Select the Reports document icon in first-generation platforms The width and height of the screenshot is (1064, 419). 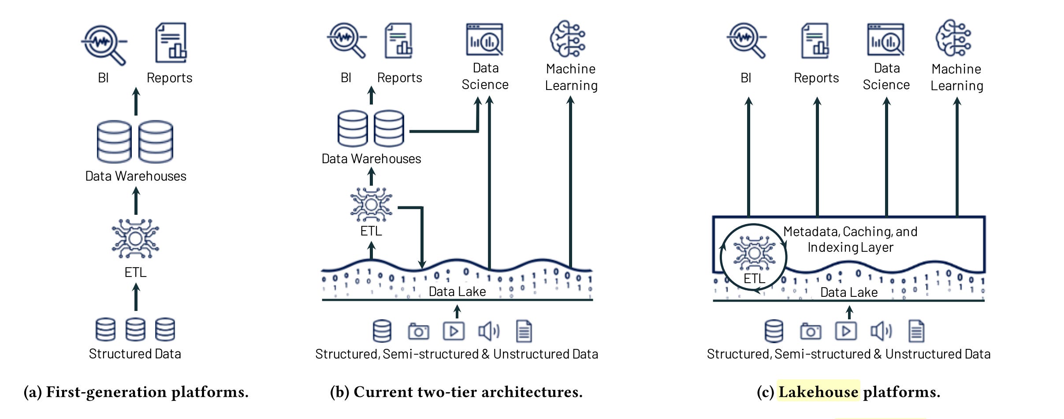tap(171, 43)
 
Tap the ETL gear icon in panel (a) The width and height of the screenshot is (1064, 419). tap(135, 239)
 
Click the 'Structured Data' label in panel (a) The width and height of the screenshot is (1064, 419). tap(135, 354)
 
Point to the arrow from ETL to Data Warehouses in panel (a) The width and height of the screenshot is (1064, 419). tap(136, 201)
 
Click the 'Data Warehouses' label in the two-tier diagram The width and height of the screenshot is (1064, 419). tap(371, 159)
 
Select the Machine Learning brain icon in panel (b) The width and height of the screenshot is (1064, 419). tap(568, 39)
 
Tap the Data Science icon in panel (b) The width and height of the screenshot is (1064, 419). tap(484, 40)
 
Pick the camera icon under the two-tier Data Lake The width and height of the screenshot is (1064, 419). tap(418, 331)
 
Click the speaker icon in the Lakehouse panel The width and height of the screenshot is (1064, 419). tap(881, 331)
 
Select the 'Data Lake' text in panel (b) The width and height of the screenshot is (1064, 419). tap(457, 292)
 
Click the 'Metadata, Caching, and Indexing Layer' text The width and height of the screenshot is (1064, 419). tap(850, 239)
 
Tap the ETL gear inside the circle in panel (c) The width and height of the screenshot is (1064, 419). tap(754, 253)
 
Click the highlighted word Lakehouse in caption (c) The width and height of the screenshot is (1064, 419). tap(818, 392)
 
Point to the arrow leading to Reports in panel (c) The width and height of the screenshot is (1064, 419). tap(817, 157)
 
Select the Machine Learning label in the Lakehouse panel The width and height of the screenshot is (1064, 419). tap(956, 77)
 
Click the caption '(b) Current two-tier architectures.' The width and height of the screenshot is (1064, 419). tap(456, 392)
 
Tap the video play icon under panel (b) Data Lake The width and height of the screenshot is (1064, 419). tap(454, 331)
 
